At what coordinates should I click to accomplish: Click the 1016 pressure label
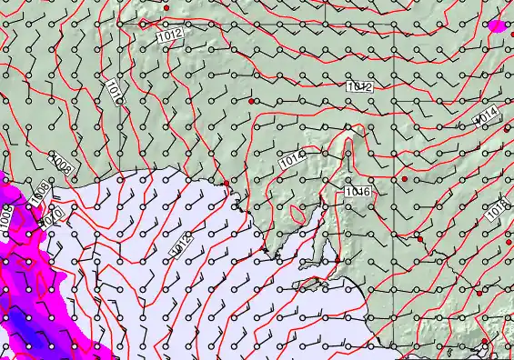[357, 192]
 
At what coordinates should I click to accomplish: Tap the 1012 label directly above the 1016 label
[359, 87]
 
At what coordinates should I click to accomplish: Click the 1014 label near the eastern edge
[486, 116]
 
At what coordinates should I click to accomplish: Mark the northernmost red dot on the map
[166, 7]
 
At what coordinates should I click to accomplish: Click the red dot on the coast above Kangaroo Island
[338, 260]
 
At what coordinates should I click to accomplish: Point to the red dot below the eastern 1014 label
[507, 128]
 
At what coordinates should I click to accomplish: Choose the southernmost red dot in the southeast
[485, 342]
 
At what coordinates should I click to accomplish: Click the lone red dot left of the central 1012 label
[252, 101]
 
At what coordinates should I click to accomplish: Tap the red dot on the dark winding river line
[419, 239]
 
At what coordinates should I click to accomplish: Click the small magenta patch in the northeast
[497, 25]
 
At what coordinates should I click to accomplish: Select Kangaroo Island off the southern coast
[314, 285]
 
